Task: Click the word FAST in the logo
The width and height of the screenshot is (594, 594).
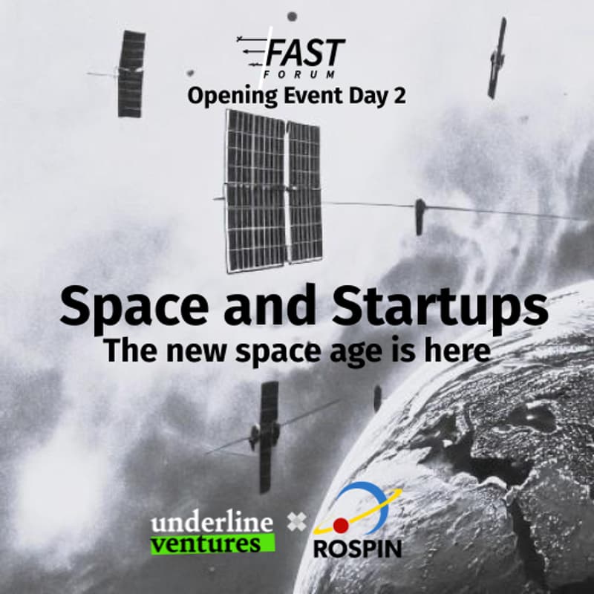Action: (304, 53)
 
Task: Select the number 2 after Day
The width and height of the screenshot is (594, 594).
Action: (399, 97)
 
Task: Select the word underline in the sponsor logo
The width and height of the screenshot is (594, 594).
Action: (212, 523)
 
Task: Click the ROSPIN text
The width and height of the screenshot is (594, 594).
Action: (357, 549)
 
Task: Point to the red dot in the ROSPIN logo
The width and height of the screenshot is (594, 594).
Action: (341, 526)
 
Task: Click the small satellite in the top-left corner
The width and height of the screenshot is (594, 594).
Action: (131, 74)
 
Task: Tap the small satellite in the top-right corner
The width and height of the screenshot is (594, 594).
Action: (496, 58)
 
